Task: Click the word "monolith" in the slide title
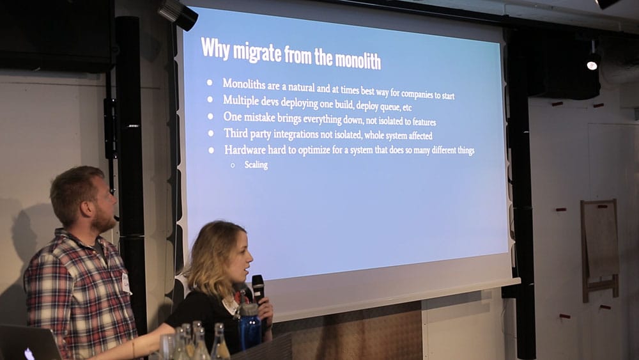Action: [358, 61]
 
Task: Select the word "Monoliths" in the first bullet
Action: [243, 84]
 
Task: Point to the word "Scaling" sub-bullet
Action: [256, 165]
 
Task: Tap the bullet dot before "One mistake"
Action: [210, 116]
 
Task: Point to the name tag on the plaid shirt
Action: [126, 283]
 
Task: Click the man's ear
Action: [86, 208]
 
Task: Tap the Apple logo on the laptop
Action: [29, 354]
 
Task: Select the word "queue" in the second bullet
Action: [390, 107]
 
